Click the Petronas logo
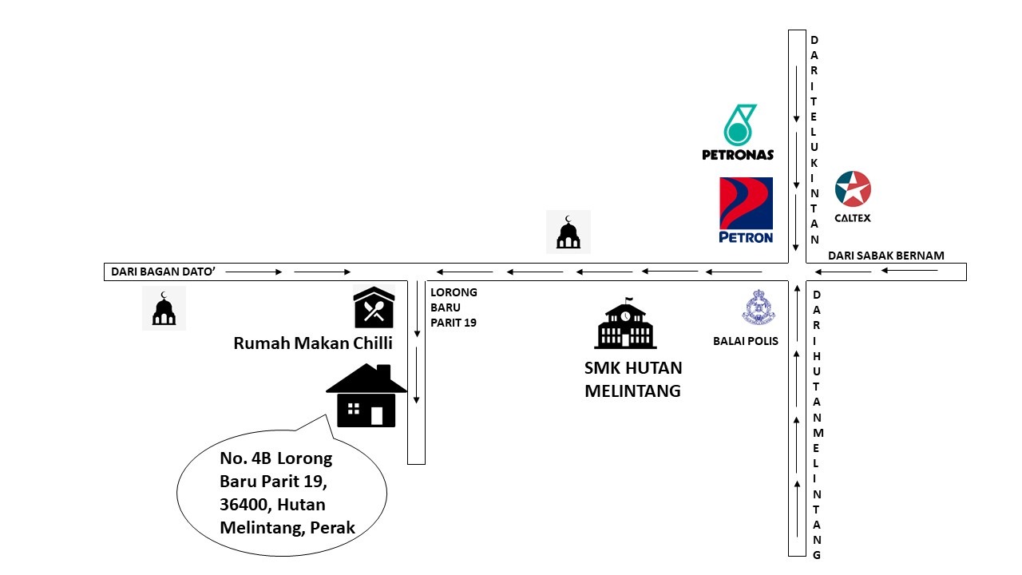click(x=739, y=132)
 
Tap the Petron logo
click(x=746, y=210)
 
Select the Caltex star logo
click(x=853, y=190)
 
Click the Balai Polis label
click(x=745, y=342)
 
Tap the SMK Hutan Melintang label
click(x=633, y=379)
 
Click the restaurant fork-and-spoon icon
click(x=374, y=308)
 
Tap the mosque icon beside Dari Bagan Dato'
click(x=164, y=308)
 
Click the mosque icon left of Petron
click(x=568, y=232)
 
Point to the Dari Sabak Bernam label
click(x=885, y=256)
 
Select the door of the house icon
click(x=377, y=415)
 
